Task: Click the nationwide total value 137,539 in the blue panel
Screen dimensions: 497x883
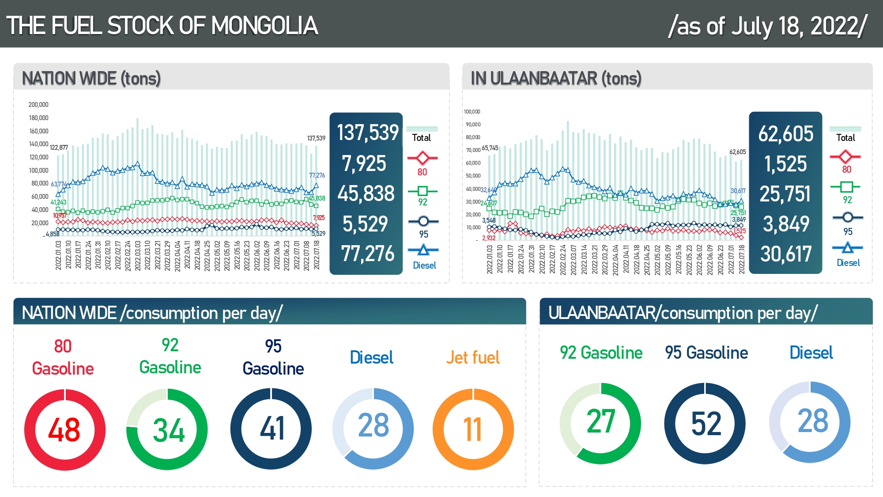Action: pos(367,133)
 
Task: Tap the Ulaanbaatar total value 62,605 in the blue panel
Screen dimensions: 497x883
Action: pos(785,134)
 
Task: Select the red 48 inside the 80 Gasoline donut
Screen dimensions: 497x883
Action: pos(64,430)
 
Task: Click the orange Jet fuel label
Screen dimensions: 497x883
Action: pos(472,357)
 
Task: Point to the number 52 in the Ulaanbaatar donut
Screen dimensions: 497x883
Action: pos(706,424)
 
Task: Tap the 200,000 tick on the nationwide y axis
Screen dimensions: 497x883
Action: pos(38,105)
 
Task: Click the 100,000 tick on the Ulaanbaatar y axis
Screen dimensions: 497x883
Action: pos(472,112)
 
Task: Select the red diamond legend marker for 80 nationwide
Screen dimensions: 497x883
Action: pos(423,158)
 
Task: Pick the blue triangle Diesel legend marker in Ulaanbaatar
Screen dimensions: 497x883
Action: pos(847,248)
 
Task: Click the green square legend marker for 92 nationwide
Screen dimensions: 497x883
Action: pos(423,191)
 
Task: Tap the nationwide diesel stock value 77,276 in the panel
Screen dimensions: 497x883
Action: pos(367,254)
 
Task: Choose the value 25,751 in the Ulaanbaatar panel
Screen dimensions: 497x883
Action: pos(785,194)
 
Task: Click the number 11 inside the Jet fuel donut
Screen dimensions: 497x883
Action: pos(472,430)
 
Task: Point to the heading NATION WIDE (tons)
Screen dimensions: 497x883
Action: pos(91,79)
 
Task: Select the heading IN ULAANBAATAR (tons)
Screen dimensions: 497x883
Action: pos(556,79)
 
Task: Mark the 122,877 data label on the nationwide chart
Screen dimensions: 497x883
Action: pos(59,148)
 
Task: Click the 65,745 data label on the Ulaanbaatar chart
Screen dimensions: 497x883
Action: pos(490,148)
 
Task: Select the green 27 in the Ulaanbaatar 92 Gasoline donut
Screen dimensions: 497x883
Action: pos(600,421)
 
